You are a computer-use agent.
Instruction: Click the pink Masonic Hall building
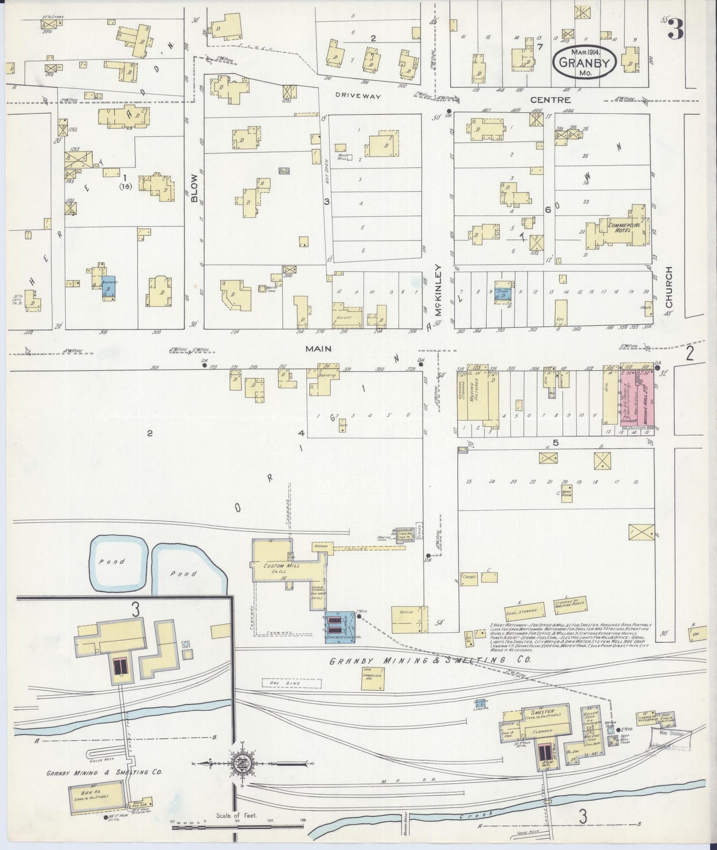tap(640, 403)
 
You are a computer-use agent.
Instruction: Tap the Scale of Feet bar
tap(239, 821)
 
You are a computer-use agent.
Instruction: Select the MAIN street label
tap(318, 349)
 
